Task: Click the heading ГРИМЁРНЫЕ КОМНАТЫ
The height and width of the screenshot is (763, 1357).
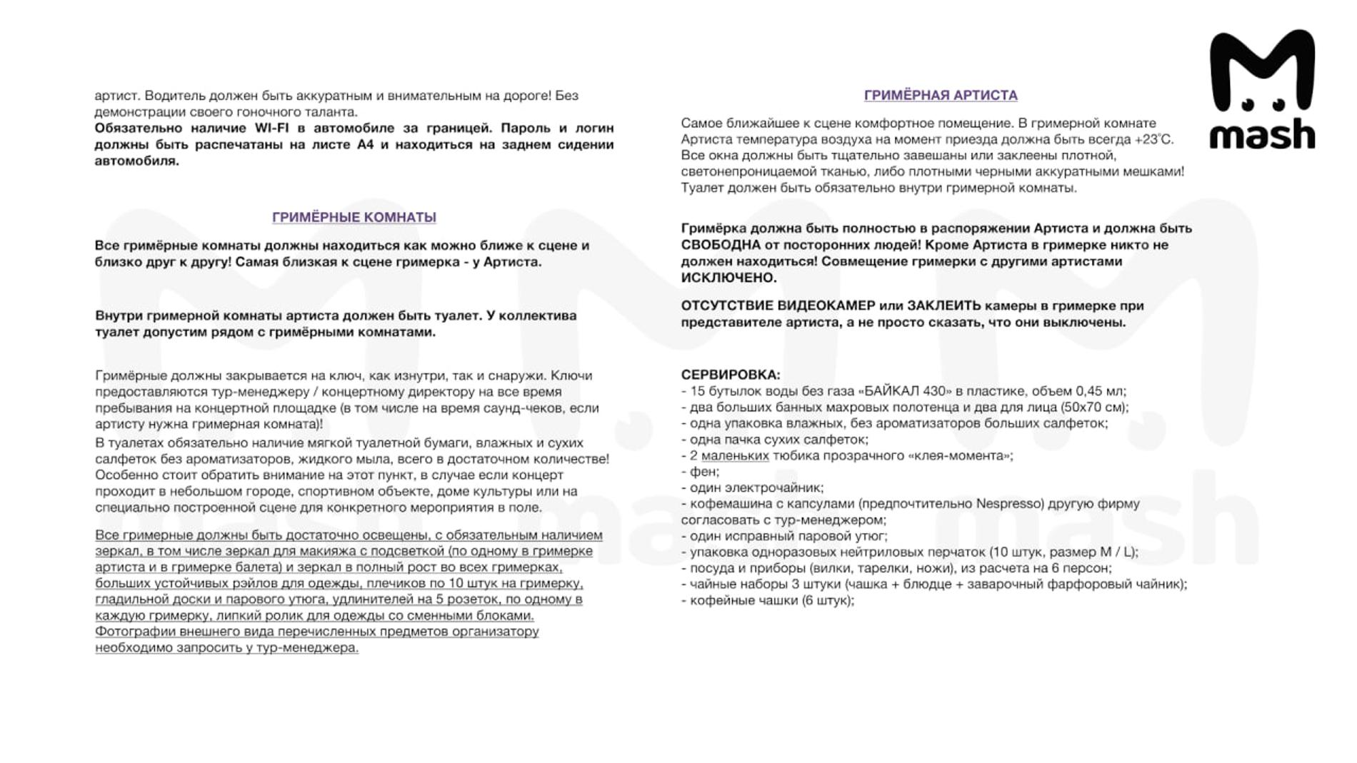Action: point(354,217)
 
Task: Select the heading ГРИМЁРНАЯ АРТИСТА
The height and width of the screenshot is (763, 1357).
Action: point(940,95)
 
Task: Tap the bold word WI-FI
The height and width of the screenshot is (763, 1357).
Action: point(271,128)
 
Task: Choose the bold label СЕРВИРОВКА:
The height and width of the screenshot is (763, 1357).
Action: point(730,375)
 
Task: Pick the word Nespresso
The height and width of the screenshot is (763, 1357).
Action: point(1008,504)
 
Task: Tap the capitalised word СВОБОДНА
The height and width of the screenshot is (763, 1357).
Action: point(721,245)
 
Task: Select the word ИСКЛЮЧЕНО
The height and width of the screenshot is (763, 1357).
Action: point(728,278)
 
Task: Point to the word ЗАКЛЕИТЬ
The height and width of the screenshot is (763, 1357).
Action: point(943,305)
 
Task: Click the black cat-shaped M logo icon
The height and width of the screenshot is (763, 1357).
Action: point(1262,71)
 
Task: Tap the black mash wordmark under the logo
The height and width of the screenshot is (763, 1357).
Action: point(1262,134)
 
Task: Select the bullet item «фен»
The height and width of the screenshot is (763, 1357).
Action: point(704,472)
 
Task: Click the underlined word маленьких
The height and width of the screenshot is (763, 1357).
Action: point(735,456)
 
